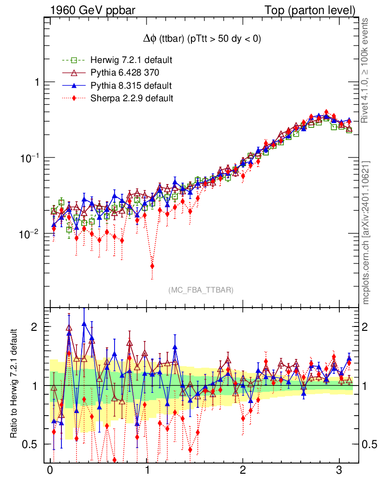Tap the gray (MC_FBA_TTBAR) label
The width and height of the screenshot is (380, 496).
tap(201, 290)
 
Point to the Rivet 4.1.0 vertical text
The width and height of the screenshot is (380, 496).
tap(366, 71)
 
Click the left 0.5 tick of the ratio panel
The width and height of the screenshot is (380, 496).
tap(31, 445)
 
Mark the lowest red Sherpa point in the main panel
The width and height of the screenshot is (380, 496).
tap(152, 266)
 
